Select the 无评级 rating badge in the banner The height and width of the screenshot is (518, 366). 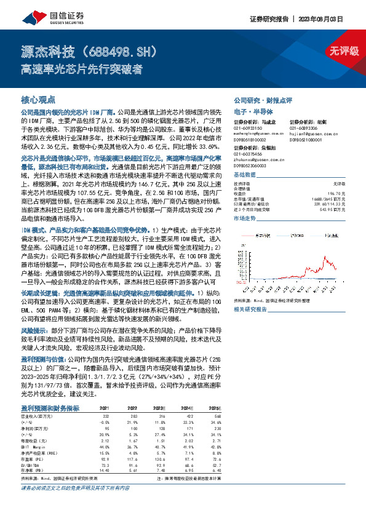click(343, 51)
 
